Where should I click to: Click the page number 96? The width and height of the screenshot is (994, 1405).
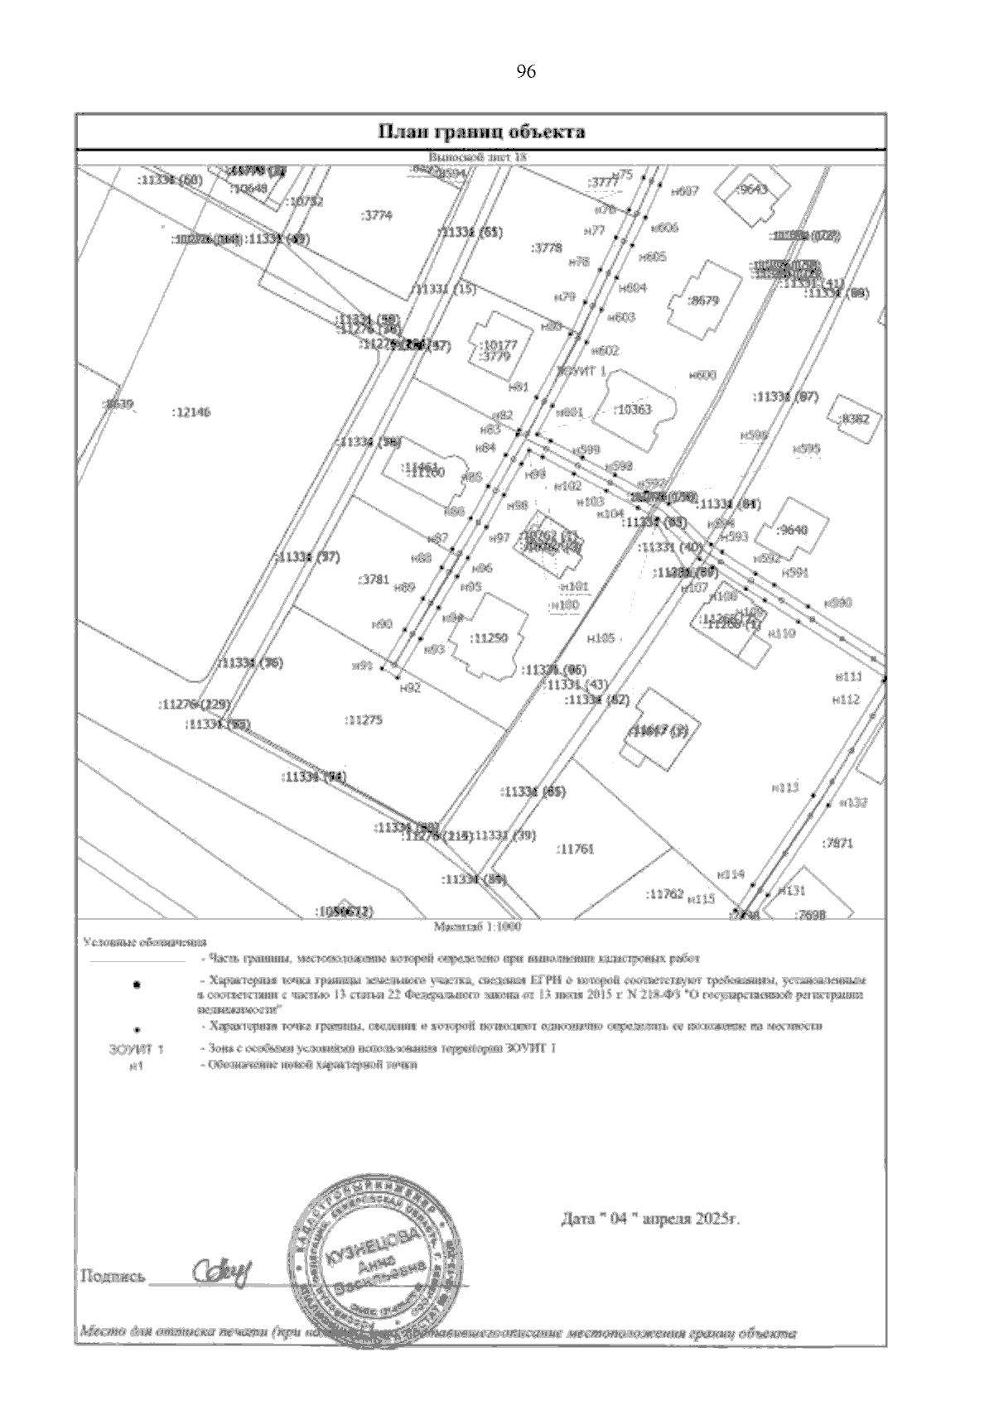tap(526, 72)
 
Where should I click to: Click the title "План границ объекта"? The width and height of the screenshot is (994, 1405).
tap(481, 132)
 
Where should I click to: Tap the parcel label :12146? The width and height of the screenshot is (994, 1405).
tap(191, 411)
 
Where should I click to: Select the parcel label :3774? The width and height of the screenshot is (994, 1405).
tap(378, 215)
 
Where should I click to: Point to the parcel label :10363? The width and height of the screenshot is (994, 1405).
tap(634, 410)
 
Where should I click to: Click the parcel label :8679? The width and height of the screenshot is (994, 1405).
tap(704, 301)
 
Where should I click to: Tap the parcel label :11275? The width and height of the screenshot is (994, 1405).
tap(363, 720)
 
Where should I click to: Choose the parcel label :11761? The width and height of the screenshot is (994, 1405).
tap(577, 849)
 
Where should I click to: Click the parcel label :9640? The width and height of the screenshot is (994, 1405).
tap(794, 530)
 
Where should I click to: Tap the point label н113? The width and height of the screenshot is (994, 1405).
tap(784, 787)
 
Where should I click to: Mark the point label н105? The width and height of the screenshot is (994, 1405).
tap(601, 638)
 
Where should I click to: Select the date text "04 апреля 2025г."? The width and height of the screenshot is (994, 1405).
tap(649, 1220)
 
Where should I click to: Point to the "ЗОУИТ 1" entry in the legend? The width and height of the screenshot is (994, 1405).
tap(137, 1050)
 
